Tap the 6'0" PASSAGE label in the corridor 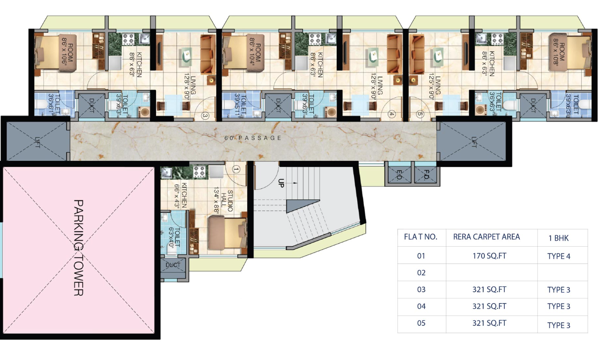[x=253, y=138]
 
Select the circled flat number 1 [x=236, y=169]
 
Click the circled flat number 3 [x=205, y=115]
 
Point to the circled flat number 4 [x=392, y=114]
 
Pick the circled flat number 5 [x=420, y=114]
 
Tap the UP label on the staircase [x=281, y=183]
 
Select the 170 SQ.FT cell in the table [x=489, y=256]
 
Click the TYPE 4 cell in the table [x=559, y=256]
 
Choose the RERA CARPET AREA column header [x=486, y=237]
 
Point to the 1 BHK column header [x=558, y=238]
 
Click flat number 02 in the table [x=421, y=273]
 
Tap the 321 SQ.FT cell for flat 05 [x=489, y=323]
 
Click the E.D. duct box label [x=399, y=174]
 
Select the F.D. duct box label [x=426, y=174]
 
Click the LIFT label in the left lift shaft [x=37, y=142]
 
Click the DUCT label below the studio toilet [x=173, y=265]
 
